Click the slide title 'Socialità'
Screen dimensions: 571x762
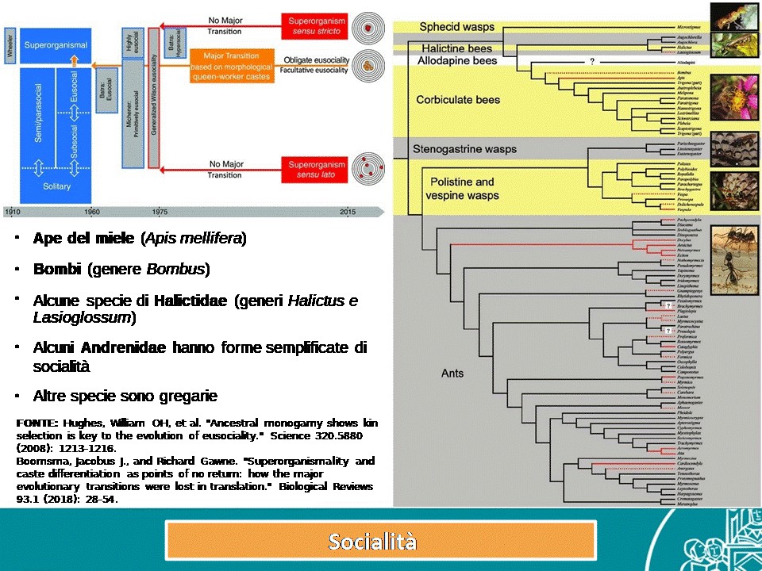point(372,542)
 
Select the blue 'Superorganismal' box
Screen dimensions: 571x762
point(56,46)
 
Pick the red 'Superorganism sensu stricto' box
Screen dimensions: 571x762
point(314,24)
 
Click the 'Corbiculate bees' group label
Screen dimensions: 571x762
point(458,100)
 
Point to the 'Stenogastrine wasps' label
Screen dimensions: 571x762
point(465,148)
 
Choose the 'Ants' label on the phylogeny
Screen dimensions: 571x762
point(452,373)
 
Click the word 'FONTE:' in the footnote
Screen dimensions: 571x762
point(35,423)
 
